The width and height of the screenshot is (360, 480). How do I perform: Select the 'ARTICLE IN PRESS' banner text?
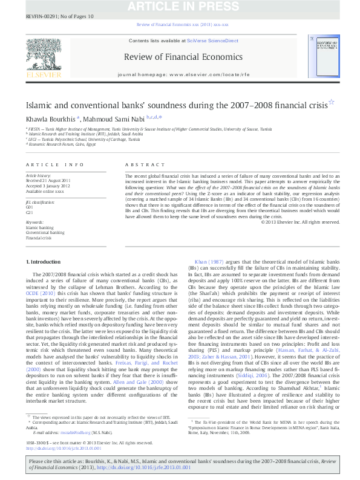[179, 5]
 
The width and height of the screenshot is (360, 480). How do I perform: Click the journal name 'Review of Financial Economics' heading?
[183, 57]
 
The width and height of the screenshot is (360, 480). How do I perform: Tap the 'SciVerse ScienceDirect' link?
[213, 41]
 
